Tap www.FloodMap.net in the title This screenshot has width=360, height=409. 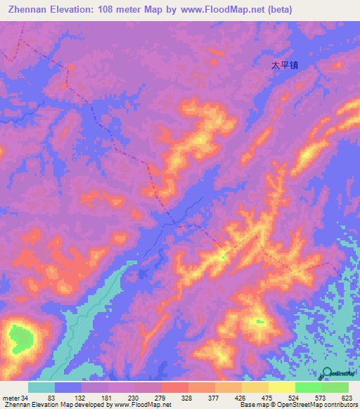pos(217,9)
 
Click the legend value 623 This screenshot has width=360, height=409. pos(346,397)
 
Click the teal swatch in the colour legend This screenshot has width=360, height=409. pos(41,387)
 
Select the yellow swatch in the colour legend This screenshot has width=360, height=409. pos(282,387)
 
